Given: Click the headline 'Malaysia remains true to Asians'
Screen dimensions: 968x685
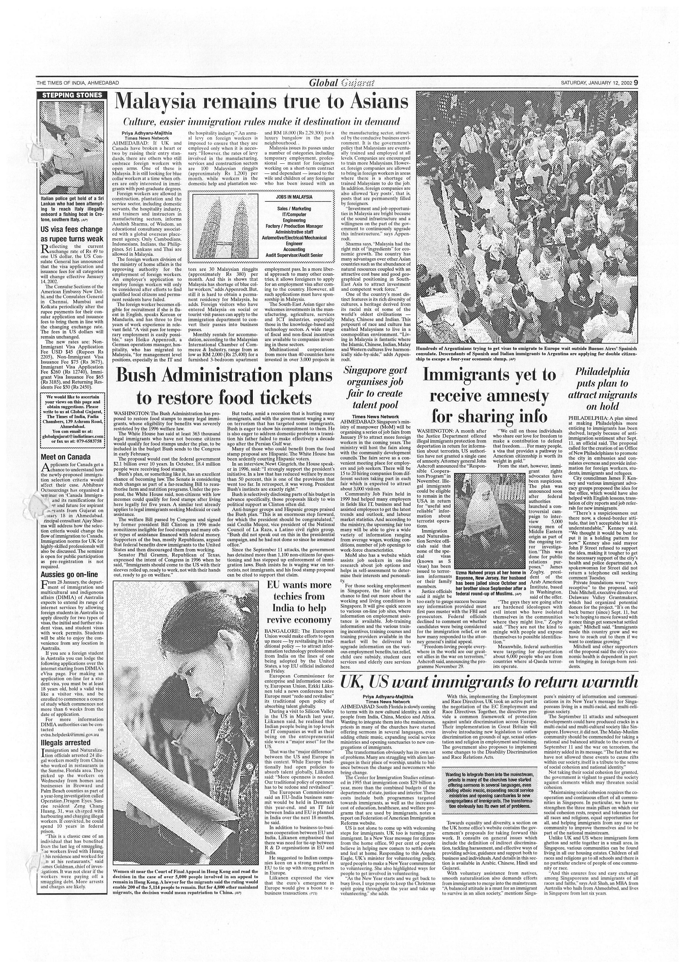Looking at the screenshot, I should pos(262,101).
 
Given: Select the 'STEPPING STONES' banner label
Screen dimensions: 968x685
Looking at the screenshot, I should pos(72,95).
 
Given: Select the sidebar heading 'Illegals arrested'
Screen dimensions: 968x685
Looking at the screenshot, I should pos(65,742).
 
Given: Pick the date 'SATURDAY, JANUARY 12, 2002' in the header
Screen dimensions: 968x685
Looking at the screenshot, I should pos(595,83).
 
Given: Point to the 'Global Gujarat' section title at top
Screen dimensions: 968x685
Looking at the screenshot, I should pos(342,83).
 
